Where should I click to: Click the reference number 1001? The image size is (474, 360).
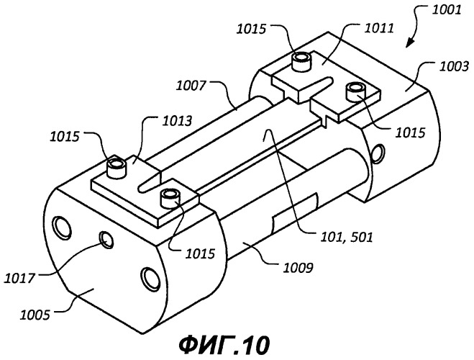(x=446, y=9)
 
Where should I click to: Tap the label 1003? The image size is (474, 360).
(x=453, y=66)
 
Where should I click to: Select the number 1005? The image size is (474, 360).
(x=35, y=315)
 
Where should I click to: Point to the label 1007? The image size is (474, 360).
(x=191, y=86)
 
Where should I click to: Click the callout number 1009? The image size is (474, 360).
(x=298, y=268)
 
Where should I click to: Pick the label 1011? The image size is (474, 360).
(x=379, y=28)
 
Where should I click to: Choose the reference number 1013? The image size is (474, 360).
(x=177, y=121)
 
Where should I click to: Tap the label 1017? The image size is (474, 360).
(x=19, y=278)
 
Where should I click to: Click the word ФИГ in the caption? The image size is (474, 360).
(x=206, y=346)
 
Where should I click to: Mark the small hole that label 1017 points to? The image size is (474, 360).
(x=106, y=239)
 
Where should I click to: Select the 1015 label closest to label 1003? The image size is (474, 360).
(x=410, y=132)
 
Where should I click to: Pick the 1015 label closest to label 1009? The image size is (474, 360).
(x=200, y=253)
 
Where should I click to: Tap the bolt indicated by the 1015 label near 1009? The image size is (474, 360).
(x=170, y=198)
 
